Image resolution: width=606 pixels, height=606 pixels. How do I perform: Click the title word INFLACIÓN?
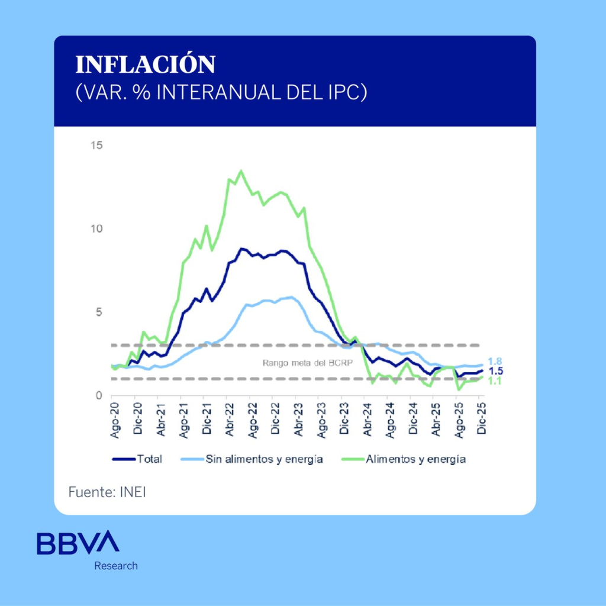[145, 65]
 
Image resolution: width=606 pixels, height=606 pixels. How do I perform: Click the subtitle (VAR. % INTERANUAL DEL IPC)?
[221, 93]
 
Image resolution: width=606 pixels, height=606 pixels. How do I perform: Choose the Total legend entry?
[137, 459]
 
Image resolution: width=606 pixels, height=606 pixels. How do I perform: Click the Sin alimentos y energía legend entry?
[254, 459]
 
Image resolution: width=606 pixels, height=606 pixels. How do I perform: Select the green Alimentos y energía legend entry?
[405, 459]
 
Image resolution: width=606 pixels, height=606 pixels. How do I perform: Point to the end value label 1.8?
[495, 361]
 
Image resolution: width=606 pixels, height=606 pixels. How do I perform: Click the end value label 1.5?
[495, 371]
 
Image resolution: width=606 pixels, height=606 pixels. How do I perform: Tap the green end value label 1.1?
[495, 381]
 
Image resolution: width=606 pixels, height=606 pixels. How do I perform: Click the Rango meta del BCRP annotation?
[307, 363]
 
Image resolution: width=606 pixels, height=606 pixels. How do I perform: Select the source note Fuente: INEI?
[107, 492]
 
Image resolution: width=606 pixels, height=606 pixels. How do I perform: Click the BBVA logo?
[78, 543]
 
